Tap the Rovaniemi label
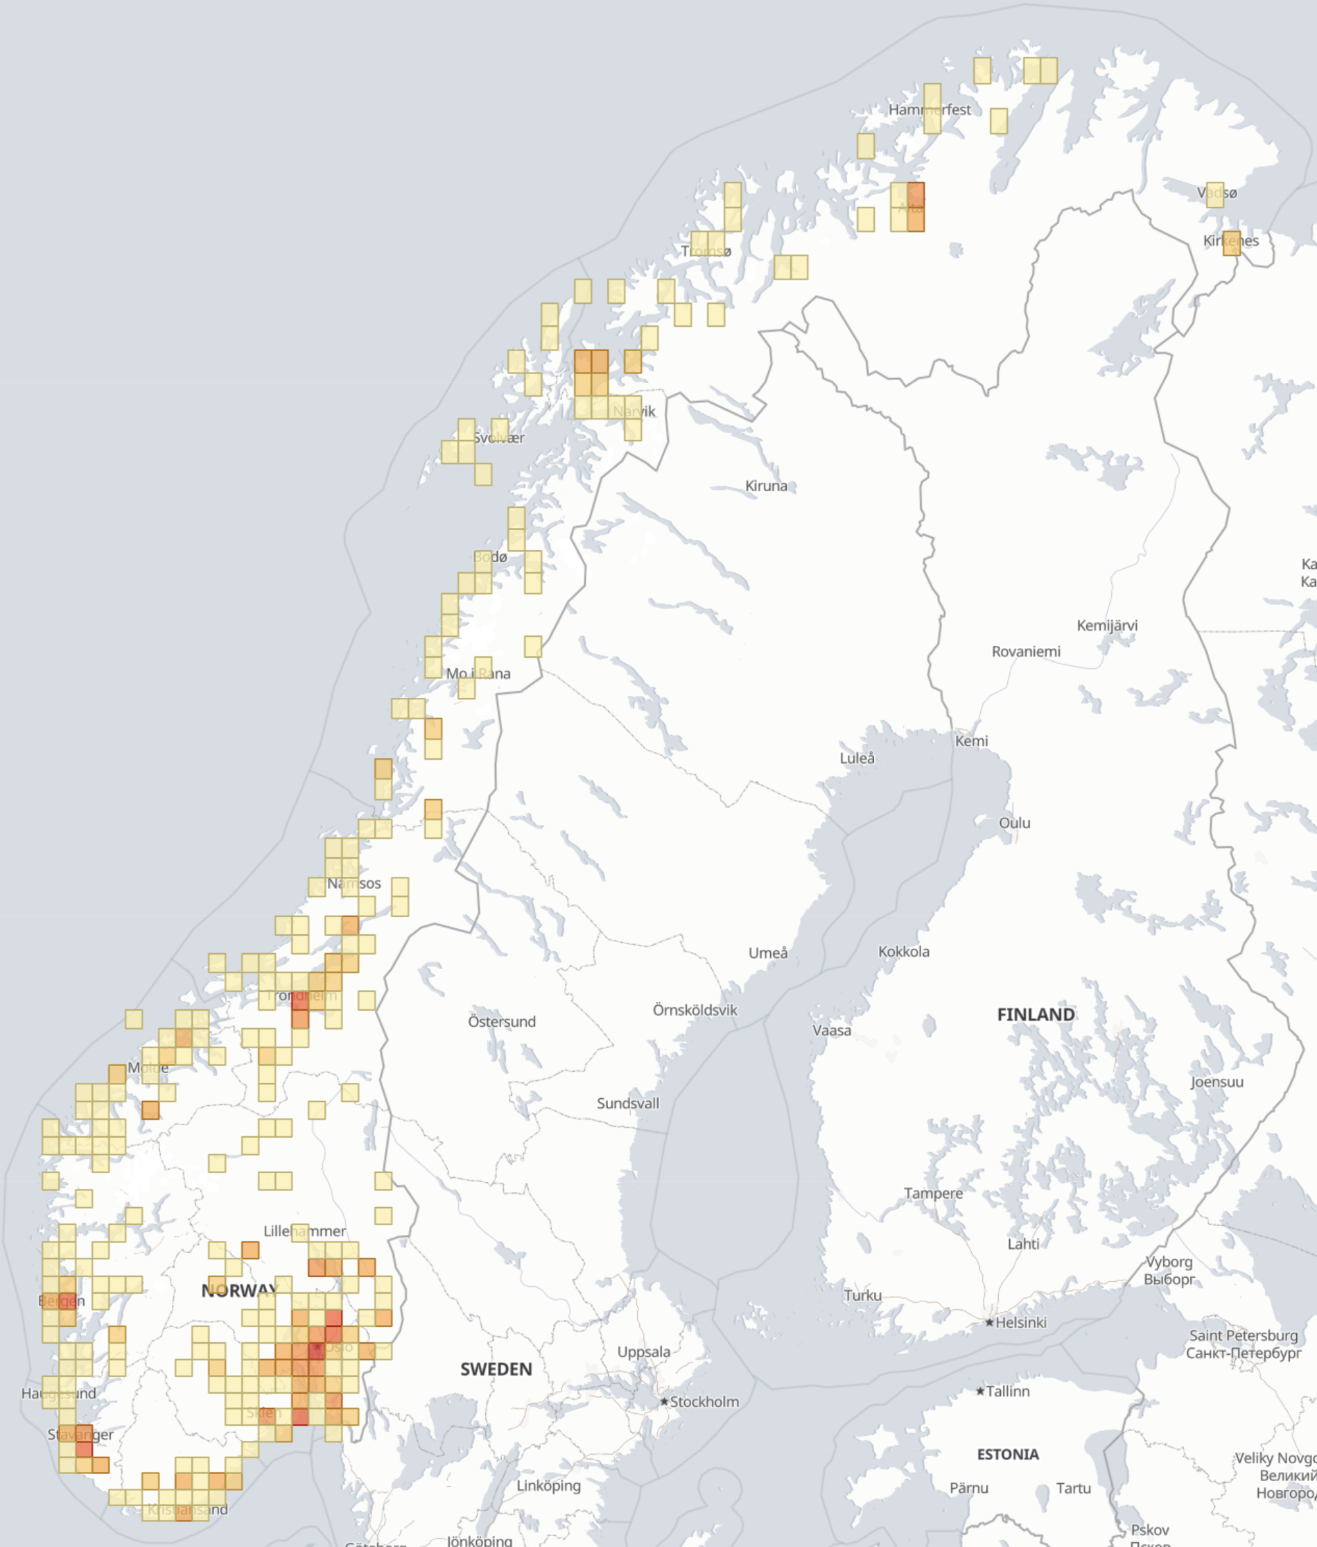tap(1025, 652)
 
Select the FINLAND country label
tap(1036, 1015)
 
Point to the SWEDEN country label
tap(496, 1369)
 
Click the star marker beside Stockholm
tap(664, 1402)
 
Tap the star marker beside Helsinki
tap(989, 1322)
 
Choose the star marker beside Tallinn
tap(981, 1392)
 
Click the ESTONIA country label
tap(1007, 1455)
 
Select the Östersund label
tap(501, 1021)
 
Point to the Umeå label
tap(768, 952)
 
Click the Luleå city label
tap(857, 758)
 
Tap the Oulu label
tap(1014, 823)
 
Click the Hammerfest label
tap(929, 110)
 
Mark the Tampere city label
tap(933, 1193)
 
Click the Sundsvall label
tap(627, 1104)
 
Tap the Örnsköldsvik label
tap(694, 1010)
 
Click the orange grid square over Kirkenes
tap(1231, 243)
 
